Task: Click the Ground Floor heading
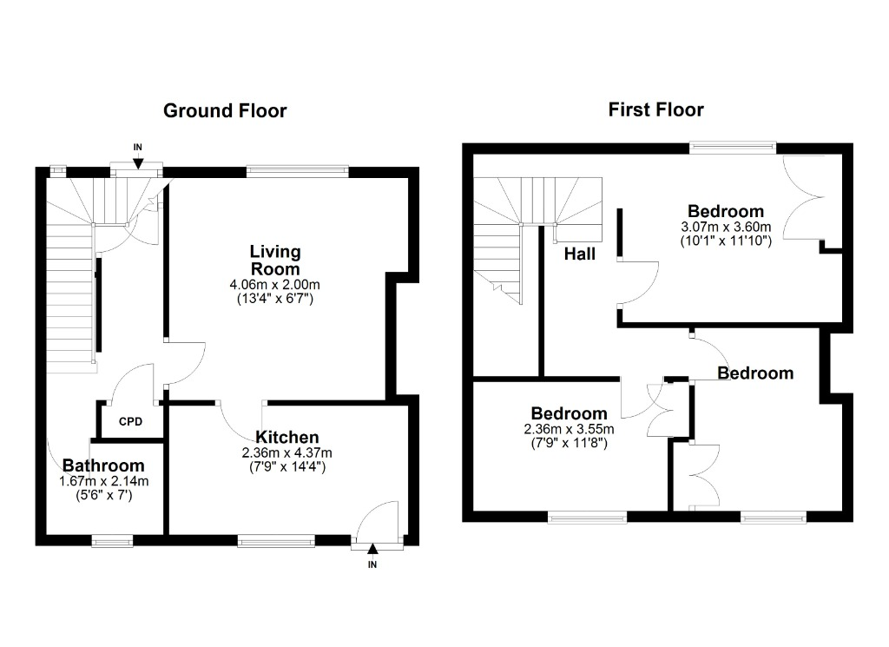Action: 225,110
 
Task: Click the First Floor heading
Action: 656,109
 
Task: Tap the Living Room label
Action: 275,261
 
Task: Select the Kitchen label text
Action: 286,437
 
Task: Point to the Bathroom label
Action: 103,465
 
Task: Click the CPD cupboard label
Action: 130,422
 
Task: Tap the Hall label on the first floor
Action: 579,254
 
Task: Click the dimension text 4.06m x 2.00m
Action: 275,285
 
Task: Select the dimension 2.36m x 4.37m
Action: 286,453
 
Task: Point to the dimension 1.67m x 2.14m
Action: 104,481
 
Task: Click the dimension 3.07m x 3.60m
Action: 726,227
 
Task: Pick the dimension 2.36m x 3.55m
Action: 569,429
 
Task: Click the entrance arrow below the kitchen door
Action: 372,549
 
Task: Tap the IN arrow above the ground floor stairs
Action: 138,163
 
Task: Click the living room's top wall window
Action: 298,168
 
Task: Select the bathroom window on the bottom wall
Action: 112,542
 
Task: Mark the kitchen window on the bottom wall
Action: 276,542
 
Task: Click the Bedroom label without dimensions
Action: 755,373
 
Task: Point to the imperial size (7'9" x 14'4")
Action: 286,466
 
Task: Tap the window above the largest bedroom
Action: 733,147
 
